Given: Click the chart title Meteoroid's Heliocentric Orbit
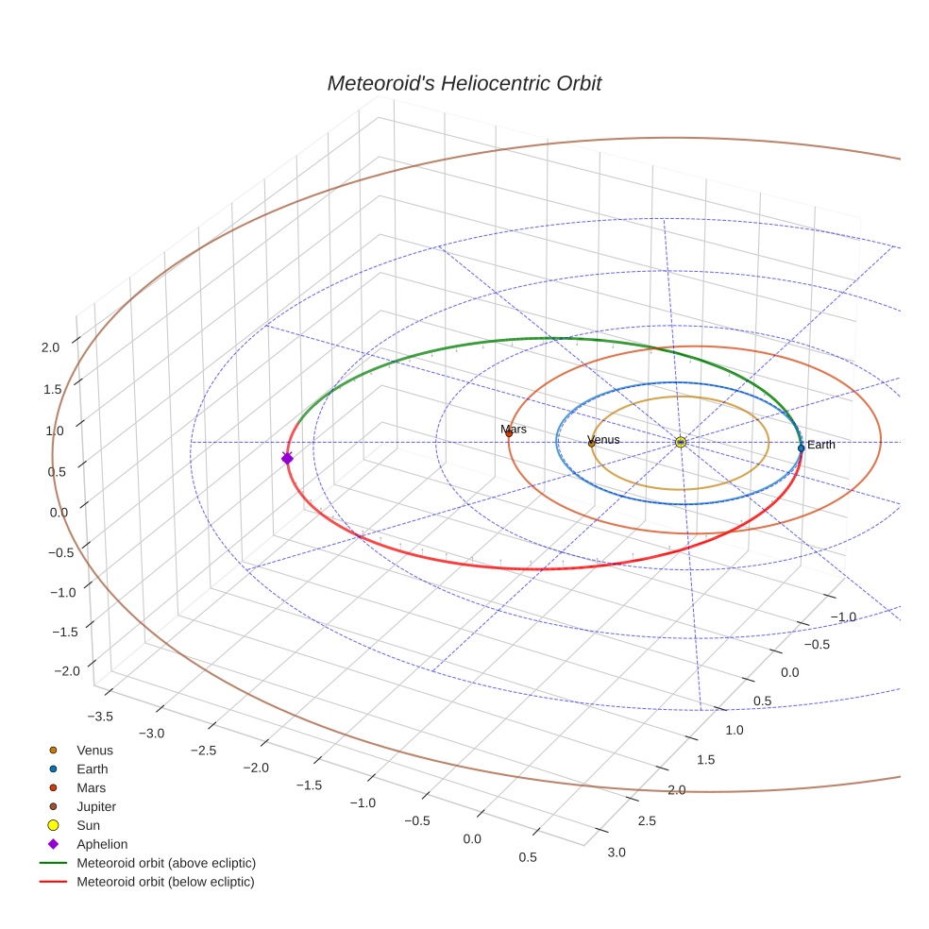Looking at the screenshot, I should [464, 83].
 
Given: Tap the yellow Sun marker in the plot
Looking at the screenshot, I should [681, 442].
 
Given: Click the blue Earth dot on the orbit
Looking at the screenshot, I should [801, 448].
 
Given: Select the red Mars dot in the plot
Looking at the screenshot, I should [509, 433].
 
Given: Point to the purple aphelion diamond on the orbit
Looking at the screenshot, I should [287, 458].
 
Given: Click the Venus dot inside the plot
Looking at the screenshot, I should [591, 443].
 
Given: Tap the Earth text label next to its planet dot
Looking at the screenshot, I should [820, 445].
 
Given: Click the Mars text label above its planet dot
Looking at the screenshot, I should [514, 430].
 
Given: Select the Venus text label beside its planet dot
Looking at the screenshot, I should [604, 440].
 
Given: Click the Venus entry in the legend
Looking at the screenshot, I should [94, 750].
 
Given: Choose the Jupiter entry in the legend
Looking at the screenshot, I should [96, 806].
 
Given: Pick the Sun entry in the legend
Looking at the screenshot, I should [90, 825].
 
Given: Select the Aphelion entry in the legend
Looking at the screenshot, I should [101, 844].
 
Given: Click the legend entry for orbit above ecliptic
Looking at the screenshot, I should [165, 863].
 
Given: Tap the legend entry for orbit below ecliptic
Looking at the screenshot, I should [165, 882].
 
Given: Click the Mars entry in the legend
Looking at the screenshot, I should [91, 787].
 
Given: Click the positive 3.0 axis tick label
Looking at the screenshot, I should [616, 853].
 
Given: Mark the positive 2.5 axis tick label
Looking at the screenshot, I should [646, 820].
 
